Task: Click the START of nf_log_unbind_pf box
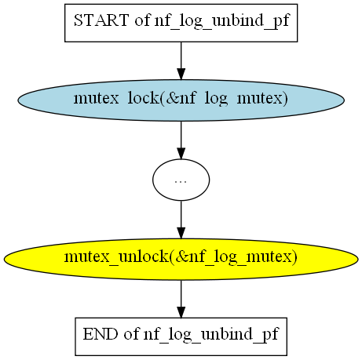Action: [181, 23]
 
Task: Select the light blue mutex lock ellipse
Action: [181, 100]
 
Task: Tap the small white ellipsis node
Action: [181, 180]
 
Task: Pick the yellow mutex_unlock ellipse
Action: [181, 259]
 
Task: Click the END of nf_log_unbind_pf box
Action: [181, 336]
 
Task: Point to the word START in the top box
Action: [101, 20]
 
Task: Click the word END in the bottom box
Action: [101, 334]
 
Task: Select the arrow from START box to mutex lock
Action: [181, 60]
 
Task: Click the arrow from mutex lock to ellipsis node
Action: [181, 140]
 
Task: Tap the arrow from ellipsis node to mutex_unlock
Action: [181, 220]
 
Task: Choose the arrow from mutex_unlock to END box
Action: [181, 299]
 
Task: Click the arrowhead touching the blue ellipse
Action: [181, 74]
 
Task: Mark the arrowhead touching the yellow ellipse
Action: [181, 233]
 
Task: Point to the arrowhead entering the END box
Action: [181, 312]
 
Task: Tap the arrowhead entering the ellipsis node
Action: [181, 154]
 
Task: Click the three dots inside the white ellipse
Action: [181, 181]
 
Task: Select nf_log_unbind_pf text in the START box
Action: [222, 21]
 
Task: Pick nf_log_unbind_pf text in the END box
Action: [211, 335]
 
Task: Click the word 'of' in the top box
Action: [143, 20]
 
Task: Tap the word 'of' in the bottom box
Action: [132, 334]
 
